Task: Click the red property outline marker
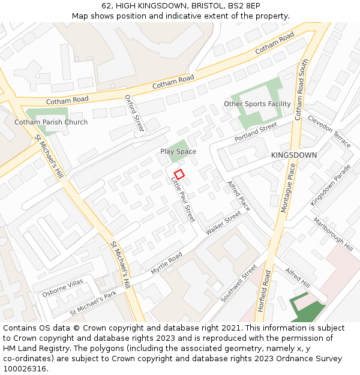click(x=179, y=175)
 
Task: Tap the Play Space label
click(x=178, y=152)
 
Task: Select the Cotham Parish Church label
click(x=51, y=122)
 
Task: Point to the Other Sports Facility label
click(x=257, y=104)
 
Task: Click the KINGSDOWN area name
click(x=294, y=155)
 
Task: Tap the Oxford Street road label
click(x=135, y=113)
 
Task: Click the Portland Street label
click(x=256, y=132)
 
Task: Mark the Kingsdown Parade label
click(x=330, y=185)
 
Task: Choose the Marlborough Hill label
click(x=333, y=234)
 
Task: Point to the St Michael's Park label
click(x=93, y=304)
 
